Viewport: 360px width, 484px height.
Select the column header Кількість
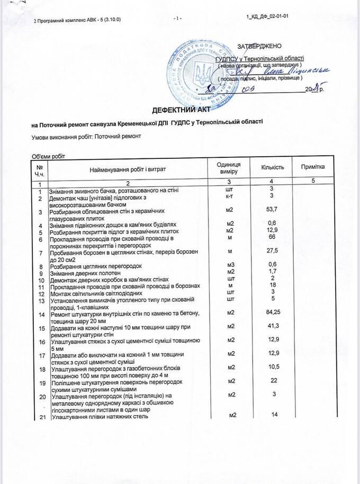(272, 167)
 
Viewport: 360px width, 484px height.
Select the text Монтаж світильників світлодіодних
(95, 293)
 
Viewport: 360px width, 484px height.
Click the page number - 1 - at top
(177, 19)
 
